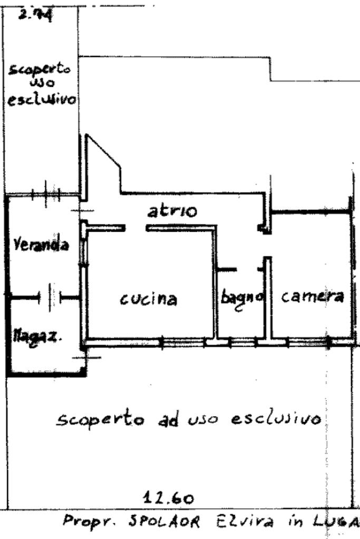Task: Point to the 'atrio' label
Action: click(172, 212)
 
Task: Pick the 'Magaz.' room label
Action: click(37, 336)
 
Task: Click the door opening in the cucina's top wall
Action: click(135, 228)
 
